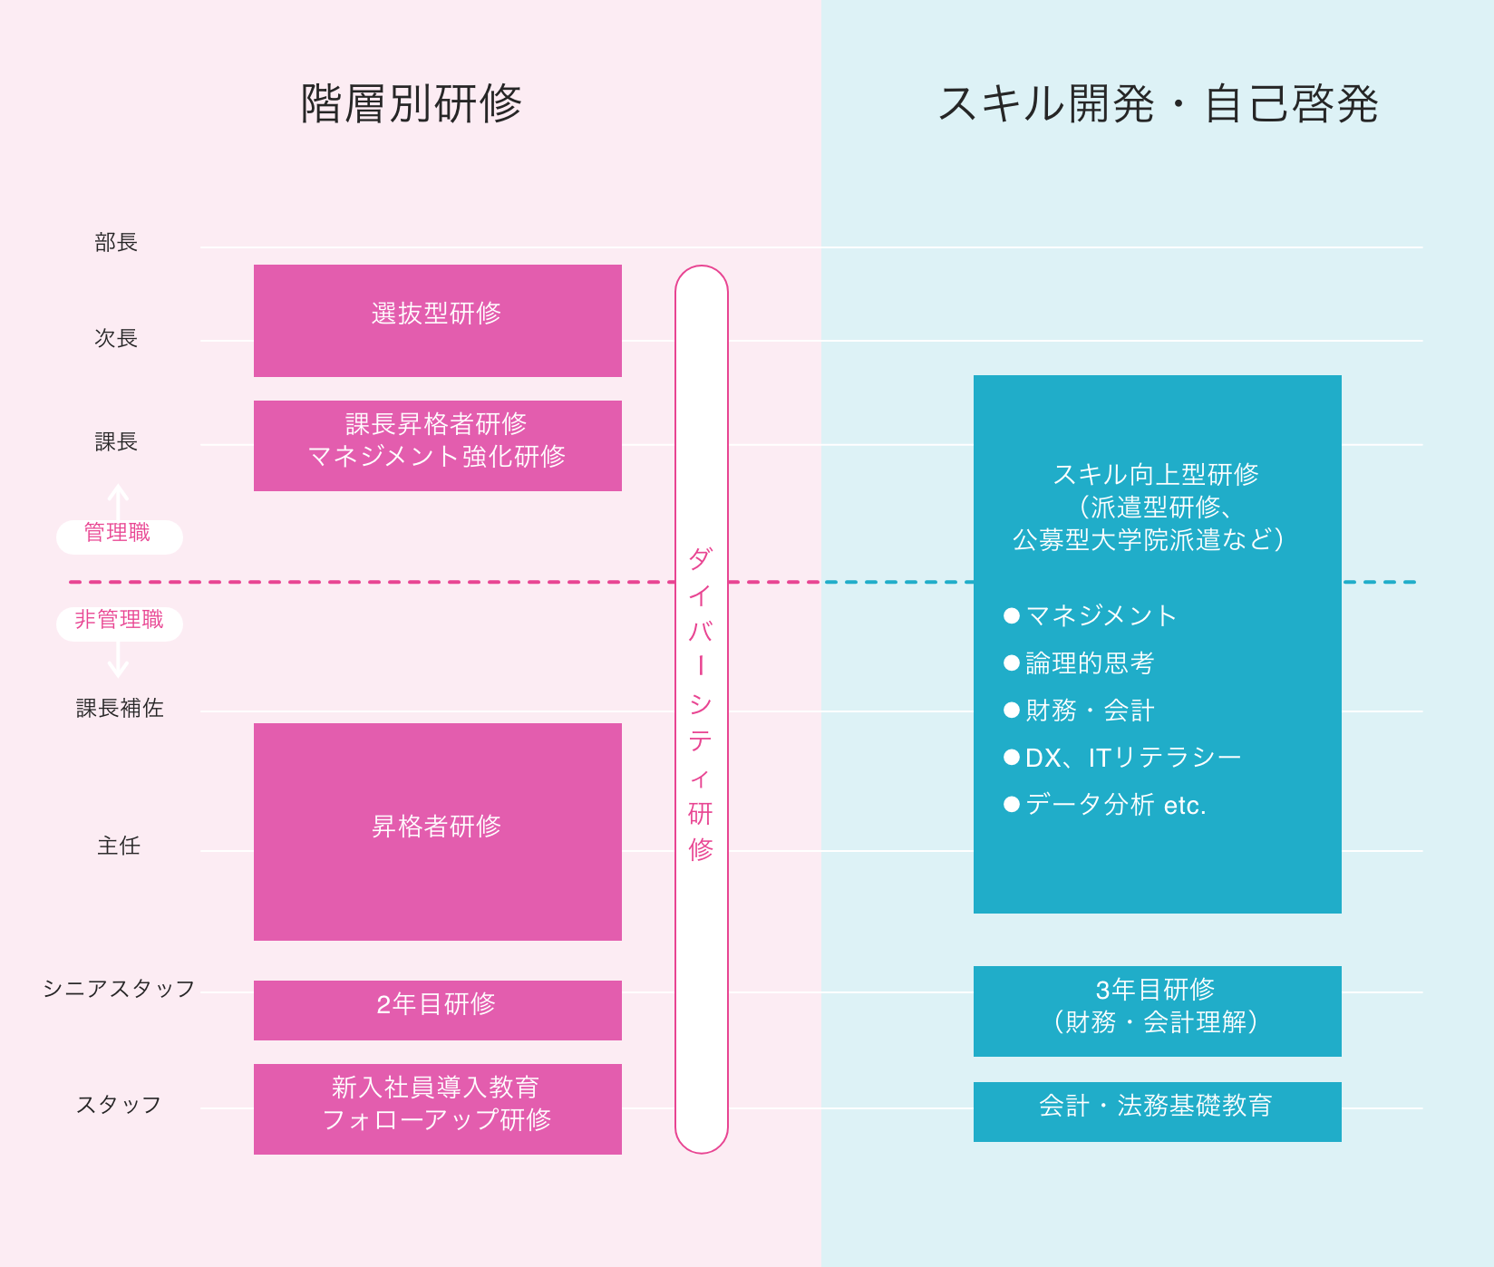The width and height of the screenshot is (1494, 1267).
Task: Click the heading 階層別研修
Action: (x=411, y=103)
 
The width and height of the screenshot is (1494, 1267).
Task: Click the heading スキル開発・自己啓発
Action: (x=1158, y=103)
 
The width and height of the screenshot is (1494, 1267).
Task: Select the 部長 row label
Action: (x=116, y=242)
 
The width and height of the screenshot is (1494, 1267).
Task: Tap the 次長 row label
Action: (x=116, y=338)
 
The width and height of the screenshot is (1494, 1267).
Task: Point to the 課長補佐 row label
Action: (x=120, y=708)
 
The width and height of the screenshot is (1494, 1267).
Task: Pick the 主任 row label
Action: (x=119, y=846)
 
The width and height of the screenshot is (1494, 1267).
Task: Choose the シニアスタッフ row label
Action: (x=119, y=988)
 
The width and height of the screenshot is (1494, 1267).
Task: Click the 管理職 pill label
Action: (x=118, y=533)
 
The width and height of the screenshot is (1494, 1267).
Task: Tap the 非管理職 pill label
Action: (x=119, y=620)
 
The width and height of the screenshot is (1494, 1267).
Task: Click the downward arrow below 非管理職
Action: (x=118, y=660)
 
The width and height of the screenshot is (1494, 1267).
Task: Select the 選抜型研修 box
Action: (x=438, y=321)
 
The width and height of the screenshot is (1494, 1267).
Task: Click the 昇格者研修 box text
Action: (x=436, y=826)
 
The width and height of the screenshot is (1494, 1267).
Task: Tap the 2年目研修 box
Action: (x=438, y=1011)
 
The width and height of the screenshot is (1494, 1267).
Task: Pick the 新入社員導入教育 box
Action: (x=438, y=1109)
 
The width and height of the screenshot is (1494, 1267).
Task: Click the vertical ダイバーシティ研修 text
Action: (x=701, y=703)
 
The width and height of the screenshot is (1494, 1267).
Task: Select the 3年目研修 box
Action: (x=1158, y=1011)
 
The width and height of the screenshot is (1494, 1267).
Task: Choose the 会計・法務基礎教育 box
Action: (x=1158, y=1112)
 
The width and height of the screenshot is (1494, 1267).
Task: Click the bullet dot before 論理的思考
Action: (x=1012, y=663)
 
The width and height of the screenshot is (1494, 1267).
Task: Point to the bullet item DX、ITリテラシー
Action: (x=1123, y=758)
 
